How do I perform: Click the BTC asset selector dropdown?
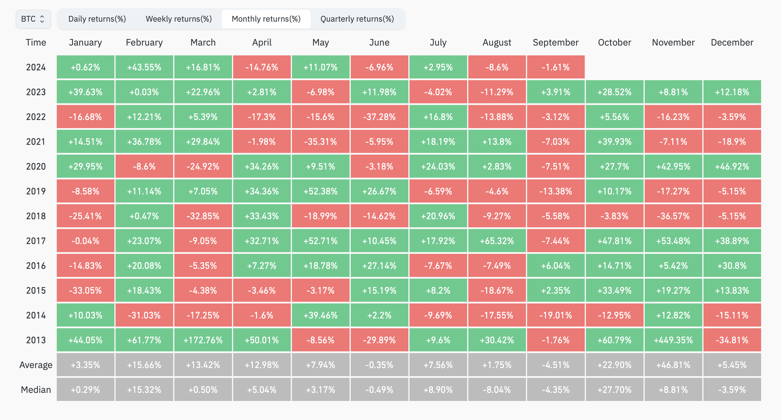pyautogui.click(x=33, y=19)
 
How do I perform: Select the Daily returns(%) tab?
pyautogui.click(x=97, y=19)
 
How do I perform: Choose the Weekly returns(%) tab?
pyautogui.click(x=179, y=19)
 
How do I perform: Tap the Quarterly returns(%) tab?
pyautogui.click(x=357, y=19)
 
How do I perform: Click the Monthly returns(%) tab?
pyautogui.click(x=266, y=19)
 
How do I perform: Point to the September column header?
pyautogui.click(x=555, y=42)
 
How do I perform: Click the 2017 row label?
pyautogui.click(x=36, y=241)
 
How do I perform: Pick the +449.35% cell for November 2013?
pyautogui.click(x=673, y=340)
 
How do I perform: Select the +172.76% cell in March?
pyautogui.click(x=203, y=340)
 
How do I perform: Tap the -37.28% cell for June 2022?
pyautogui.click(x=379, y=117)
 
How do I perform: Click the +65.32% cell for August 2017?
pyautogui.click(x=497, y=241)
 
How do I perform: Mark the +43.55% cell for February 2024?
pyautogui.click(x=144, y=67)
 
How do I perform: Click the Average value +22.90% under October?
pyautogui.click(x=614, y=365)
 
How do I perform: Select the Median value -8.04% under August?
pyautogui.click(x=497, y=390)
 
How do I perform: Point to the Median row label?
pyautogui.click(x=36, y=390)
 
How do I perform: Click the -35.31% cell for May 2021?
pyautogui.click(x=320, y=142)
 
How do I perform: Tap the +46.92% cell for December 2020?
pyautogui.click(x=732, y=167)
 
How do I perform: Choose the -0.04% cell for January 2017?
pyautogui.click(x=85, y=241)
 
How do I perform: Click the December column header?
pyautogui.click(x=732, y=42)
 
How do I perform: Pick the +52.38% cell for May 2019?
pyautogui.click(x=320, y=191)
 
